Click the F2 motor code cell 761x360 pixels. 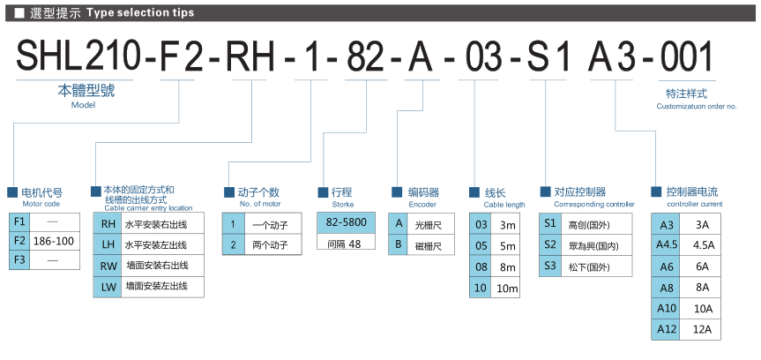pos(19,240)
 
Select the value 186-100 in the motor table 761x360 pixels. pos(53,240)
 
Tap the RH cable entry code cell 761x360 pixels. pos(107,223)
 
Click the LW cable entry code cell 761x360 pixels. pos(107,286)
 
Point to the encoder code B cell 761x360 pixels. pos(399,244)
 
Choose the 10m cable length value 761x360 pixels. pos(507,288)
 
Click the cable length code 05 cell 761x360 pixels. pos(481,245)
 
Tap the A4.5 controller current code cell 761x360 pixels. pos(668,245)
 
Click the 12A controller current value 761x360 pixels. pos(703,330)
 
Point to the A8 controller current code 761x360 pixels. pos(668,288)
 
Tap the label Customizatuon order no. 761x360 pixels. pos(697,106)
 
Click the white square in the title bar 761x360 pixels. pos(19,12)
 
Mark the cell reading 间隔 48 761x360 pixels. pos(344,244)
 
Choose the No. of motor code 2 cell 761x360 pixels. pos(233,245)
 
